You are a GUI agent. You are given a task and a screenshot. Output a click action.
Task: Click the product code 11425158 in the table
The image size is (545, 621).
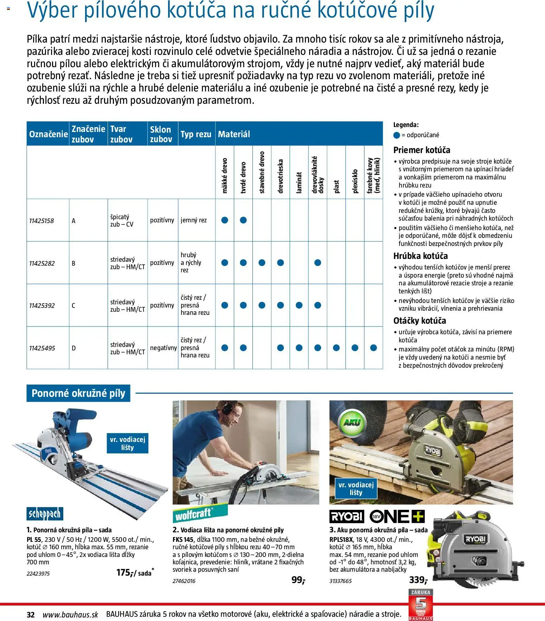coord(41,221)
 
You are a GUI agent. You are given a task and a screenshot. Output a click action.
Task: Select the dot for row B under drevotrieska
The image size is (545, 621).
coord(280,263)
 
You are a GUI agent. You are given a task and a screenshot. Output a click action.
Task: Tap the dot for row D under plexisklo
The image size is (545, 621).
coord(355,348)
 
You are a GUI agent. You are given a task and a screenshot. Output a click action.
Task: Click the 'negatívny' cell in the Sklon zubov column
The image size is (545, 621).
coord(163,348)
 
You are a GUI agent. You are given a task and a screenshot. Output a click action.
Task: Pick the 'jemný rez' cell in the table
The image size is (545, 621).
coord(194,220)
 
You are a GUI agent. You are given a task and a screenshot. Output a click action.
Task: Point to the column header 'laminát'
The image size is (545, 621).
coord(299,182)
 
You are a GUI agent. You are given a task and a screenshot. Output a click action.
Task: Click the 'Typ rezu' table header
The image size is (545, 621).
coord(196,134)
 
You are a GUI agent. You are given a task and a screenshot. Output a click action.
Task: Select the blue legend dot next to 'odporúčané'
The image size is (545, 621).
coord(397,135)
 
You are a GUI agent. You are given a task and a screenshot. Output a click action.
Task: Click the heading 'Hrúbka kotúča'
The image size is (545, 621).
coord(421,256)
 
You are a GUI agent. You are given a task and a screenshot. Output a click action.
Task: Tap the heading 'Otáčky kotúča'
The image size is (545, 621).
coord(419,321)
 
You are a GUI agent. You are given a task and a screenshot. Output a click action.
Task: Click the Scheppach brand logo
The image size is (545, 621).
coord(45,514)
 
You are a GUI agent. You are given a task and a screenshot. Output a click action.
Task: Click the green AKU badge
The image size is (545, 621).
coord(352,423)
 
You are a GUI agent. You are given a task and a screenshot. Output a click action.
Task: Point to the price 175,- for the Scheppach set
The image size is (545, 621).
coord(125,573)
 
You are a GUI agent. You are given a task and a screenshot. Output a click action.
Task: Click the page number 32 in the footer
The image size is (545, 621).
coord(31,615)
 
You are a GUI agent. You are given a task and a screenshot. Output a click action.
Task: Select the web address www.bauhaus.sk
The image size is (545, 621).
coord(70,615)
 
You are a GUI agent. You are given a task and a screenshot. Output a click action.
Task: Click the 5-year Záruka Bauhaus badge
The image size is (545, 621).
coord(421,605)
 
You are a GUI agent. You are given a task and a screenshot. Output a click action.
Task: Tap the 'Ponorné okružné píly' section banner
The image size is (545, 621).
coord(78,393)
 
